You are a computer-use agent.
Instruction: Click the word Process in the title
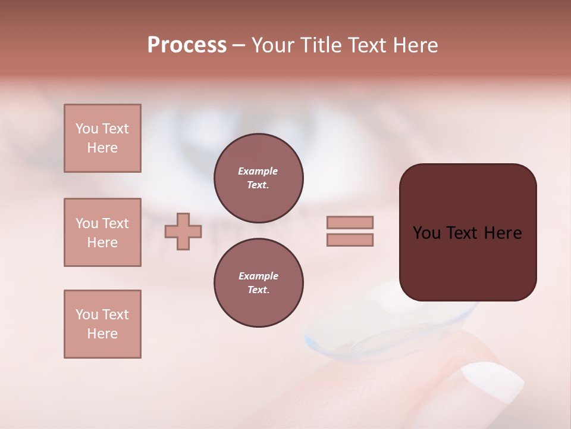(187, 45)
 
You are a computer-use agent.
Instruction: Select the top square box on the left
(102, 138)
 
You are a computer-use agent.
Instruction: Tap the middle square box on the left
(102, 232)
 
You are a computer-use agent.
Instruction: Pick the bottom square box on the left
(102, 324)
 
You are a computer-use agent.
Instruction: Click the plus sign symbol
(183, 231)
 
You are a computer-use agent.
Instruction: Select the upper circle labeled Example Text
(258, 178)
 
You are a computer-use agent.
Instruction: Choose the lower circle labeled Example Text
(258, 283)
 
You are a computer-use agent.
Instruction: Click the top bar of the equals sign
(350, 222)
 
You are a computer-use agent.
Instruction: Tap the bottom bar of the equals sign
(350, 240)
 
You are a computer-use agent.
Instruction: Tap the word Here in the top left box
(102, 148)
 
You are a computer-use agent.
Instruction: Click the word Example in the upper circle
(258, 172)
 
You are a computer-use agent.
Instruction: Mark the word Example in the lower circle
(258, 276)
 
